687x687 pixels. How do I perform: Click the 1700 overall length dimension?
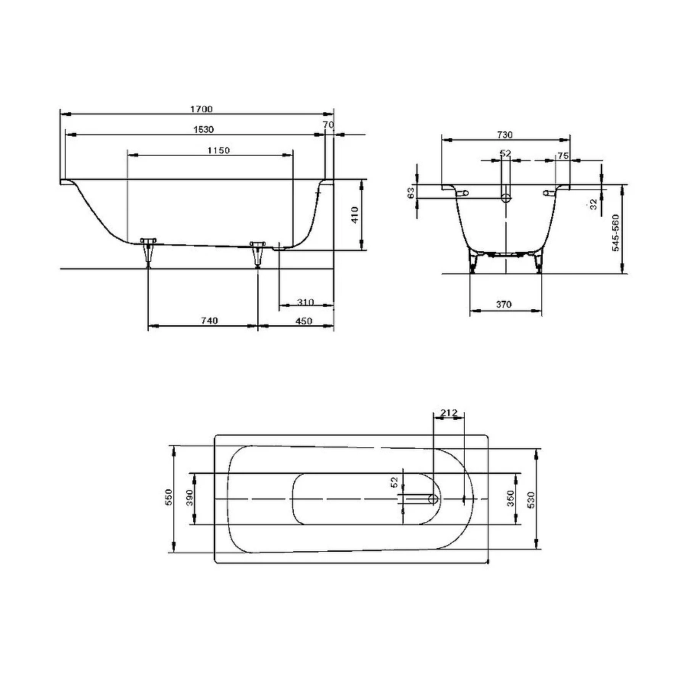pyautogui.click(x=202, y=109)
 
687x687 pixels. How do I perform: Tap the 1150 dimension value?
pyautogui.click(x=218, y=150)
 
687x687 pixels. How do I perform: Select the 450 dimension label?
pyautogui.click(x=304, y=321)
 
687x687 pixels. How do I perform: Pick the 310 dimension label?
pyautogui.click(x=304, y=302)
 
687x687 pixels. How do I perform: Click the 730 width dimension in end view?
pyautogui.click(x=505, y=134)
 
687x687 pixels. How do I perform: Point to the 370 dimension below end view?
pyautogui.click(x=503, y=305)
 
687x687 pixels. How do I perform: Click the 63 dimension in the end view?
pyautogui.click(x=411, y=192)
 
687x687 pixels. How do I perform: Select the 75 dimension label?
pyautogui.click(x=563, y=155)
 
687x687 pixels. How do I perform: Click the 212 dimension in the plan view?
pyautogui.click(x=449, y=413)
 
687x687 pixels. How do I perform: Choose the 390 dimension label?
pyautogui.click(x=189, y=498)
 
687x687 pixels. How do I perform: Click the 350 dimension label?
pyautogui.click(x=511, y=499)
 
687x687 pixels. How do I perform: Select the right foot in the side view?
pyautogui.click(x=257, y=252)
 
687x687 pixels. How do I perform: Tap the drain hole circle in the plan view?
pyautogui.click(x=434, y=499)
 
